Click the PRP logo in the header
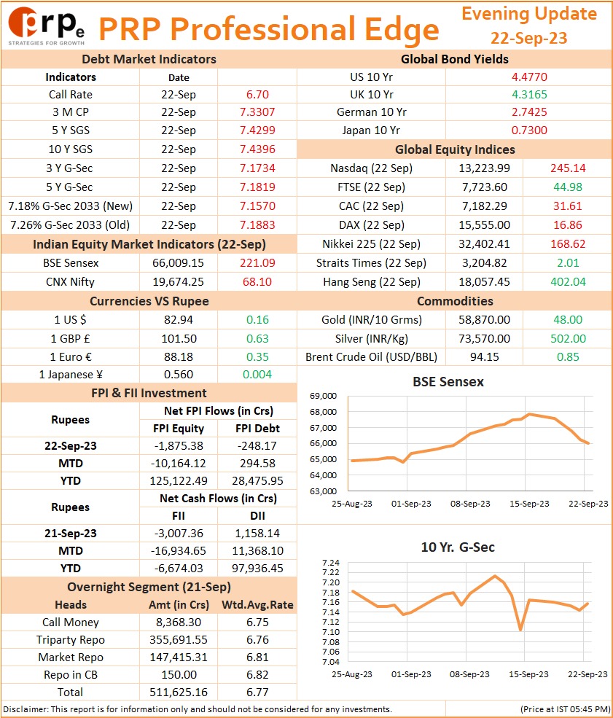[x=46, y=26]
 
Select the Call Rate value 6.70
[x=257, y=95]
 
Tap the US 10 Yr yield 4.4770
[x=529, y=77]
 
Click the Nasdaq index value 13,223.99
[x=485, y=168]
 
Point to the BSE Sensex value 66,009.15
[x=178, y=263]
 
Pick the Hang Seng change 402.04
[x=568, y=282]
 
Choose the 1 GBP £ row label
[x=71, y=339]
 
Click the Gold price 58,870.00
[x=485, y=320]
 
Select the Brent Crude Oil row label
[x=371, y=357]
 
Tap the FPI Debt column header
[x=257, y=429]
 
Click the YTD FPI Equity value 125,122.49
[x=178, y=481]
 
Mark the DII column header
[x=257, y=516]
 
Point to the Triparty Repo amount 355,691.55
[x=178, y=640]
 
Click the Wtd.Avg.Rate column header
[x=257, y=605]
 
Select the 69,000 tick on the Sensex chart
[x=323, y=396]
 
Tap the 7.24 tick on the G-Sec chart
[x=331, y=563]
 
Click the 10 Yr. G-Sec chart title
[x=458, y=547]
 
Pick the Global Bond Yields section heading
[x=455, y=59]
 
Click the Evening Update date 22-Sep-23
[x=528, y=38]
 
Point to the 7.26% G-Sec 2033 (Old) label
[x=70, y=225]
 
